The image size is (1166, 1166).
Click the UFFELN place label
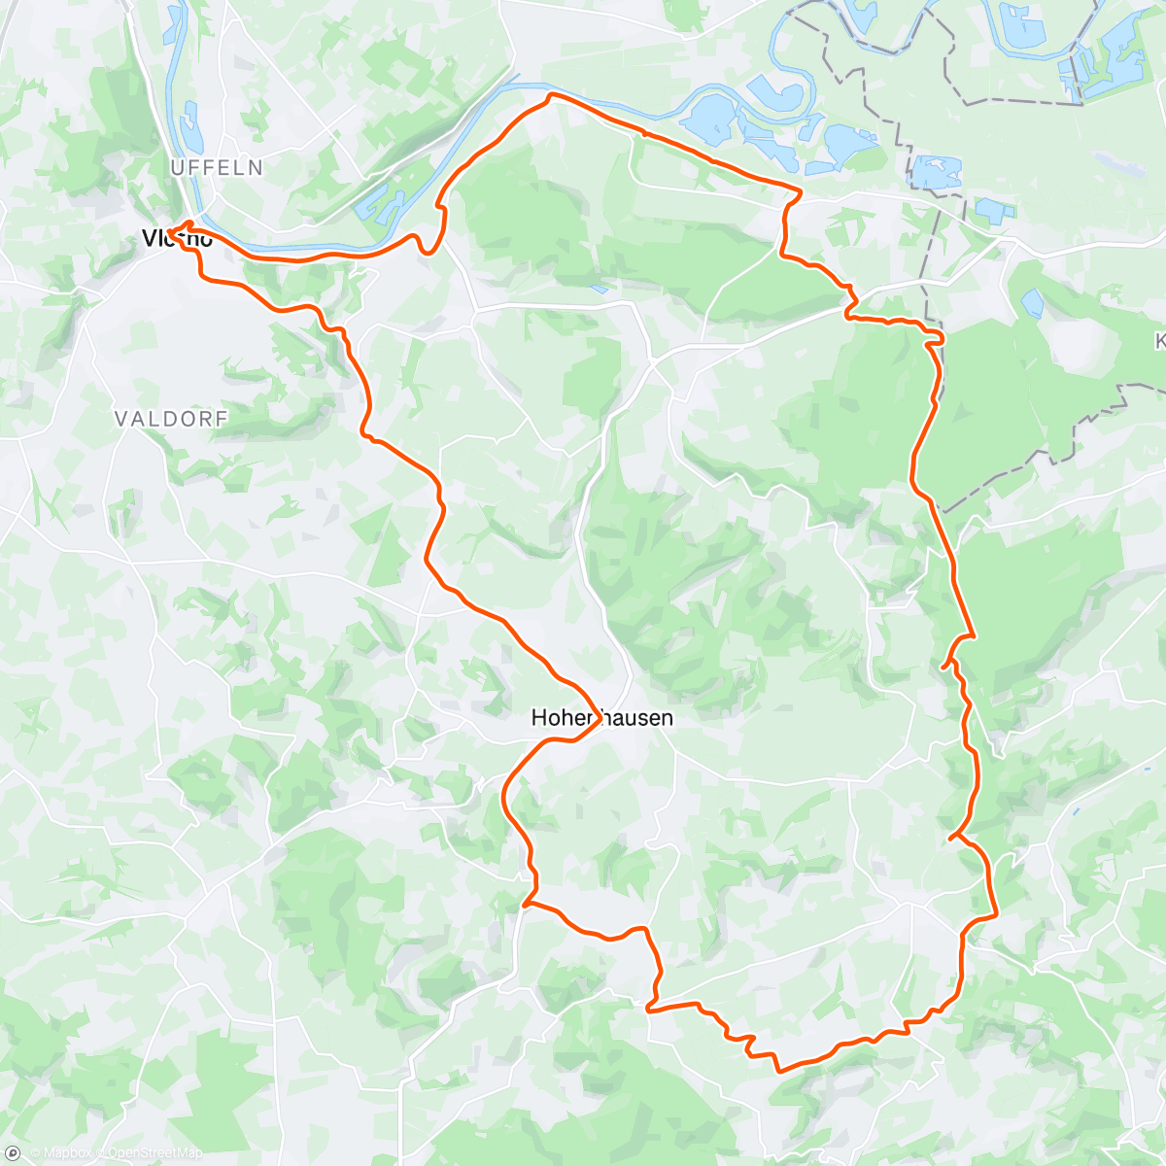coord(217,168)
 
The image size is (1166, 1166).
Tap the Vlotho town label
coord(177,238)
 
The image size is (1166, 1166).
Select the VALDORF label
coord(171,419)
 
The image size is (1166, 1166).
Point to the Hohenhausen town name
coord(601,718)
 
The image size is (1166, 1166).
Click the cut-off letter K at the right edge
coord(1160,341)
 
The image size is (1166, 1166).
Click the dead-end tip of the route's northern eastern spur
coord(943,667)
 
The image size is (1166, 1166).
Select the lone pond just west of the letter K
coord(1032,303)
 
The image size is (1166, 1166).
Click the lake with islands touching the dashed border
coord(936,172)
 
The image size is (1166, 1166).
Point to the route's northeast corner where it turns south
coord(801,191)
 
